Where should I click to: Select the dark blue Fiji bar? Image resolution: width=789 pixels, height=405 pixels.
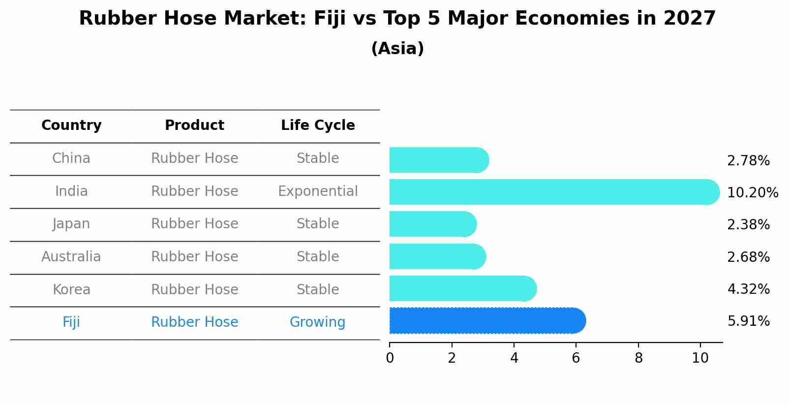(487, 321)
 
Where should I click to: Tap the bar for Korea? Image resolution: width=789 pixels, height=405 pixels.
(462, 288)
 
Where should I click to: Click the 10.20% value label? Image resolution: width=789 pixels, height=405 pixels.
(752, 193)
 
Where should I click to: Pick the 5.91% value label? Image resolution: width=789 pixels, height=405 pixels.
(748, 321)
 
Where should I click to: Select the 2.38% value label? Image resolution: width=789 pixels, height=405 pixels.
(748, 225)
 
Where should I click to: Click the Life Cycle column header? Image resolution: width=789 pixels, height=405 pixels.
(318, 125)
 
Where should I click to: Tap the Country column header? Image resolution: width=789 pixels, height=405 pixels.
(71, 125)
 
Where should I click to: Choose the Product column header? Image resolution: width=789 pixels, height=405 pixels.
(194, 125)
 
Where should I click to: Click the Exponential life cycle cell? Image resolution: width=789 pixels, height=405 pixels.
(318, 191)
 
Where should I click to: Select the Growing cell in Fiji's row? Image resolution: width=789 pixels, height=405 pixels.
(317, 322)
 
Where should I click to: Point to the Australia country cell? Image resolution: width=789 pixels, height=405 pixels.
(71, 257)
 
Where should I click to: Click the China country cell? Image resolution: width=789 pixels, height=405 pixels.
(71, 158)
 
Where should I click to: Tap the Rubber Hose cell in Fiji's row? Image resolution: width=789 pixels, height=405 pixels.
(194, 322)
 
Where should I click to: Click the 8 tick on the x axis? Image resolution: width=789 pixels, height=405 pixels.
(638, 358)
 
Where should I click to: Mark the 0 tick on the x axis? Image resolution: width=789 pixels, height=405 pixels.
(390, 358)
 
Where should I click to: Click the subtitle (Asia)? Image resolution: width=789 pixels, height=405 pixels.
(397, 49)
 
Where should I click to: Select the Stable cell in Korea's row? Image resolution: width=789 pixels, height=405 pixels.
(318, 290)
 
